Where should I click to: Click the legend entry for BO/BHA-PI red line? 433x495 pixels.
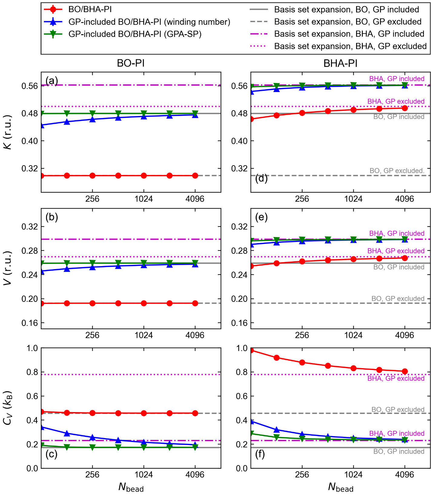(90, 9)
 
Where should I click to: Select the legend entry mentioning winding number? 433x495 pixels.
(149, 22)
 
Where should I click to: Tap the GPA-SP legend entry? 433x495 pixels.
(135, 34)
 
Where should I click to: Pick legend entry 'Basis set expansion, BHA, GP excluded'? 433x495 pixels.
(350, 46)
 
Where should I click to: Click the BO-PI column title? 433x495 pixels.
(131, 63)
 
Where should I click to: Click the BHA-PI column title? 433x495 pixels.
(340, 63)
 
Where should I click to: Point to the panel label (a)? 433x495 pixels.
(51, 81)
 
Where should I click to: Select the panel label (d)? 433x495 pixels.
(261, 179)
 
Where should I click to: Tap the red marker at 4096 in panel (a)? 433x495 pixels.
(195, 176)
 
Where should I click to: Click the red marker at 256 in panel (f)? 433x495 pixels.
(302, 362)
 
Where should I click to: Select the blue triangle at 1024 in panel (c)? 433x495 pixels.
(144, 442)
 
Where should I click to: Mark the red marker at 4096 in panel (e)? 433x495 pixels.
(405, 258)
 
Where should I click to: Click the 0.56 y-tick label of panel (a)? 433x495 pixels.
(29, 86)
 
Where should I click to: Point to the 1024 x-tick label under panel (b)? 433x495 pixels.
(144, 335)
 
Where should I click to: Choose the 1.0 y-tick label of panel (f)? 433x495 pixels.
(242, 348)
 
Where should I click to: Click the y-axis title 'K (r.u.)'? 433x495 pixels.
(8, 132)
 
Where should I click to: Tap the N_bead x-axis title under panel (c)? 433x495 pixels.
(131, 487)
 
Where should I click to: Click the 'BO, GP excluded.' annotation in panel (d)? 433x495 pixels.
(397, 171)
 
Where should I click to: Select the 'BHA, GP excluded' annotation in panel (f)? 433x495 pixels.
(396, 378)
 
